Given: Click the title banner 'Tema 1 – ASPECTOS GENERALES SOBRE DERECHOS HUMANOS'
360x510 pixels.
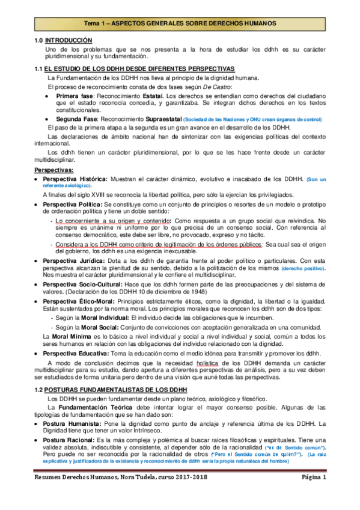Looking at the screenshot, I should coord(180,23).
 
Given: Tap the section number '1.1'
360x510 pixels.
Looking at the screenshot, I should coord(39,69).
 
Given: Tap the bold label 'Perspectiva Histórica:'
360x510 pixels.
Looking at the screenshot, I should coord(76,179).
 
